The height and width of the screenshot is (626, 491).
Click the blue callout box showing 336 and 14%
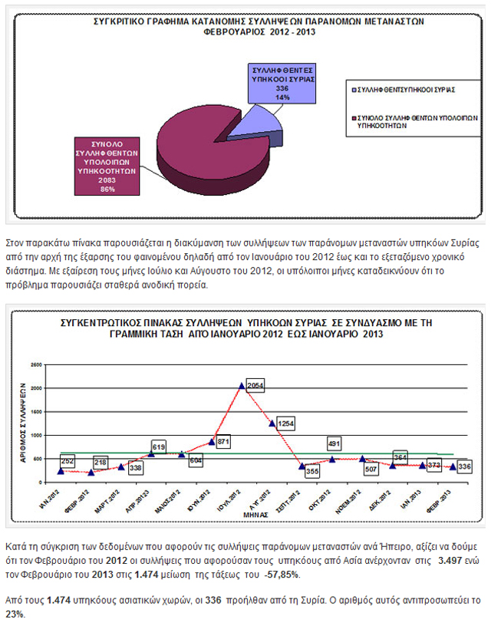(283, 84)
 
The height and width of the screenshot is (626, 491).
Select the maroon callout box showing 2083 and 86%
(108, 166)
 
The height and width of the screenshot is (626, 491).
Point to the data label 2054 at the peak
(255, 383)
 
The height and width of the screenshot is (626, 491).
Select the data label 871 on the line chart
(224, 443)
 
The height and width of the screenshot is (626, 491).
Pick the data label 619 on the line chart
(160, 446)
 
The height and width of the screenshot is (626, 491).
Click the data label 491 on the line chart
(334, 443)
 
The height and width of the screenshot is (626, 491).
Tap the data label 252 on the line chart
(68, 461)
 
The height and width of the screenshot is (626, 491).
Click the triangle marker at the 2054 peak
(242, 386)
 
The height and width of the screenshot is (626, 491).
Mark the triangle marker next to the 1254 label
(272, 423)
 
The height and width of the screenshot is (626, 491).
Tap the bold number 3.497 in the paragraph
(451, 562)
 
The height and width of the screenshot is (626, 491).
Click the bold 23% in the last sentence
(13, 613)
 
